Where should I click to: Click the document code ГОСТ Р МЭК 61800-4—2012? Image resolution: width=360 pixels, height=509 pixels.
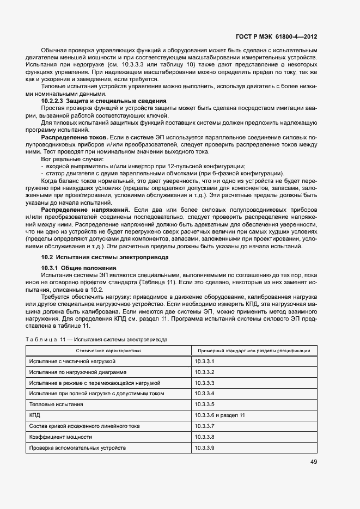click(276, 37)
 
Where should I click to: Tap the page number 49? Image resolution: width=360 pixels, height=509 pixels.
click(313, 462)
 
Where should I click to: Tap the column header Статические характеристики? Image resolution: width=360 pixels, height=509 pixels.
click(108, 351)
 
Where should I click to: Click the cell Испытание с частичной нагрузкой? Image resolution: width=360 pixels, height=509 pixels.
click(72, 361)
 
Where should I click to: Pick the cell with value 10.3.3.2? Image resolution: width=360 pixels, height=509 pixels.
click(205, 372)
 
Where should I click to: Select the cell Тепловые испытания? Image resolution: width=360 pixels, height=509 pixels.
click(56, 404)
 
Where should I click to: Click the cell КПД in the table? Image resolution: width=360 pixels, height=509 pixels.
click(35, 415)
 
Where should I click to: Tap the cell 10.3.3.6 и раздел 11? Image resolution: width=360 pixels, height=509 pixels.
click(219, 415)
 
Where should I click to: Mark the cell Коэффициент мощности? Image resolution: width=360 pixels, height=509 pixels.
click(60, 437)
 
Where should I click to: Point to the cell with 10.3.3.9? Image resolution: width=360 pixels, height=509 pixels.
click(205, 447)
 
